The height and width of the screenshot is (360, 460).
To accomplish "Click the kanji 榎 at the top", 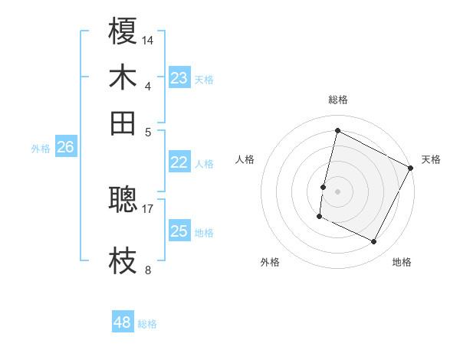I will (x=123, y=33).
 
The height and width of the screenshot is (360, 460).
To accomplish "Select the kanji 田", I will (x=123, y=122).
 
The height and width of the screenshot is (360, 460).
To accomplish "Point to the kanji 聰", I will (x=123, y=199).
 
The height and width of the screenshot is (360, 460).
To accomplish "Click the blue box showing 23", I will (x=179, y=78).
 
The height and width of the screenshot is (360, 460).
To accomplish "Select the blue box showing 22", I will (x=179, y=162).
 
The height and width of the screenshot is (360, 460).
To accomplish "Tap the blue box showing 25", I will (x=179, y=231).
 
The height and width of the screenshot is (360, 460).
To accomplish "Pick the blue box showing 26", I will (x=66, y=148).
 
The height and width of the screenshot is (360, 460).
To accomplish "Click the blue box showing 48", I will (x=123, y=322).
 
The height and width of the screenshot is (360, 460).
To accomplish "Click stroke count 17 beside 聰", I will (x=149, y=208).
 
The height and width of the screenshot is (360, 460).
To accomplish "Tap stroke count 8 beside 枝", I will (x=148, y=270).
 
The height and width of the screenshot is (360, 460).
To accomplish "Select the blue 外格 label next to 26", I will (x=41, y=149).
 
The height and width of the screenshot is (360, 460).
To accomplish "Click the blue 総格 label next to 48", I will (x=147, y=324).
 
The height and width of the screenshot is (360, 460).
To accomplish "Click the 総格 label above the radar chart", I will (x=337, y=100).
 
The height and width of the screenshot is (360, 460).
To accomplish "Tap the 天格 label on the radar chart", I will (x=431, y=159).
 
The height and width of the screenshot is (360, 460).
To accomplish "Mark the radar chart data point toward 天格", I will (x=412, y=169).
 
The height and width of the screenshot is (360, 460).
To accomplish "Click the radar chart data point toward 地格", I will (x=374, y=242).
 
